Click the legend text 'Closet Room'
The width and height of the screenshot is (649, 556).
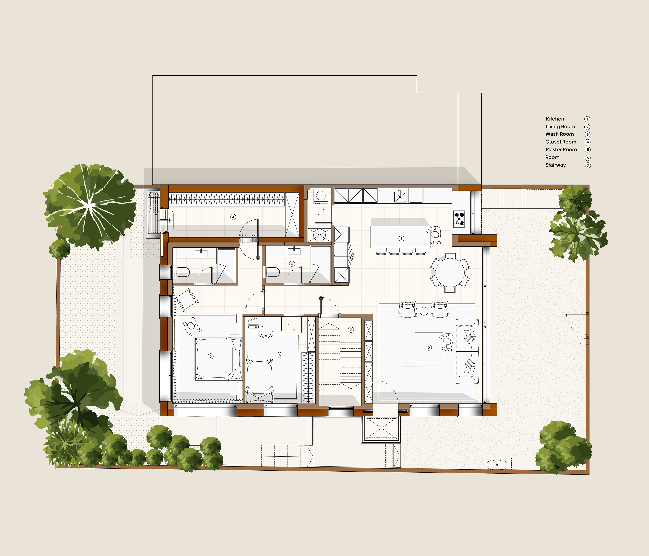[x=561, y=142]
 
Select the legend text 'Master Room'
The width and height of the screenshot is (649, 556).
[x=561, y=150]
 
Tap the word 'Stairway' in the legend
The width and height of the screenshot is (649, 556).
[x=556, y=165]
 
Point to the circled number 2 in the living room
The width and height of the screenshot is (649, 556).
[x=429, y=348]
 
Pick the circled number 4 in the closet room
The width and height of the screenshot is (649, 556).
[x=233, y=217]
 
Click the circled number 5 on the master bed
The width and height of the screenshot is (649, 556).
[x=210, y=356]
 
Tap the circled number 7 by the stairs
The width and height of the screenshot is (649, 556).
[x=351, y=330]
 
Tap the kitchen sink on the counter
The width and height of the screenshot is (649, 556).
[x=400, y=196]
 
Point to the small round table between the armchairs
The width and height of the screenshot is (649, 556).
[x=424, y=311]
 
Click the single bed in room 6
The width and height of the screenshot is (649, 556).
[x=259, y=380]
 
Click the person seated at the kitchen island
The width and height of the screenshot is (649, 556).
[x=435, y=235]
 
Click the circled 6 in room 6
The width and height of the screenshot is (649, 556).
[x=280, y=355]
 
